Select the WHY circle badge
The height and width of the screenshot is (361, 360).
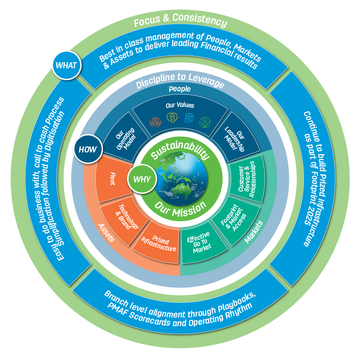142,179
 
